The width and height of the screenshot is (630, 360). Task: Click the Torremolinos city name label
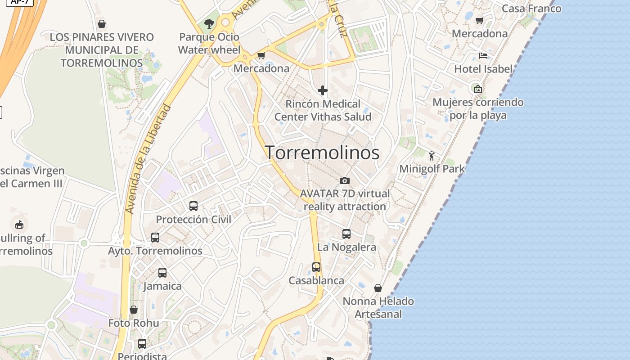coord(322,153)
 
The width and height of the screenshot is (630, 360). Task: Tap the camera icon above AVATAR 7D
coord(345,180)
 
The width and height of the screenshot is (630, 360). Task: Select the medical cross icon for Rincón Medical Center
coord(323,90)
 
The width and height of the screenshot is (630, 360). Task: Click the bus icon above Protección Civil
coord(193,206)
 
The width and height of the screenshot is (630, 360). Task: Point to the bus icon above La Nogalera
coord(346,234)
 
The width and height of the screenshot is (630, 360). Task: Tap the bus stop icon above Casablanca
coord(316,267)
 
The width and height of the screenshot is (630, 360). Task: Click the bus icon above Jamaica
coord(162,273)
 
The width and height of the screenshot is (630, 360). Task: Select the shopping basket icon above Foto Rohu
coord(134,310)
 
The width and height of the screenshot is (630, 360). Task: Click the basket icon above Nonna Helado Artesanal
coord(378,288)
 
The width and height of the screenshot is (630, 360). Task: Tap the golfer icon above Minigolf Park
coord(432,156)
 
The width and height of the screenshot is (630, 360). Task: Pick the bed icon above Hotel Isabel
coord(483,56)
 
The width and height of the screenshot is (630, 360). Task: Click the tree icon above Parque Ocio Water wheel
coord(209,24)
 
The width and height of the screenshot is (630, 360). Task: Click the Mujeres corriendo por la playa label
coord(478,108)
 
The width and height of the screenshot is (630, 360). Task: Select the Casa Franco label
coord(531,9)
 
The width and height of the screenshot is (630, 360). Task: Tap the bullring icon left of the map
coord(19,224)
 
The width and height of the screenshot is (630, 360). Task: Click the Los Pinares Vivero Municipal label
coord(102,50)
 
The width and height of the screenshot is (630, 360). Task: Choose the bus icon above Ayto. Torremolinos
coord(155,238)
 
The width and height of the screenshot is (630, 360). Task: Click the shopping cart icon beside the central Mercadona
coord(261,56)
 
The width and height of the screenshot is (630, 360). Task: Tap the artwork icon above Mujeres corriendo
coord(478,89)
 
